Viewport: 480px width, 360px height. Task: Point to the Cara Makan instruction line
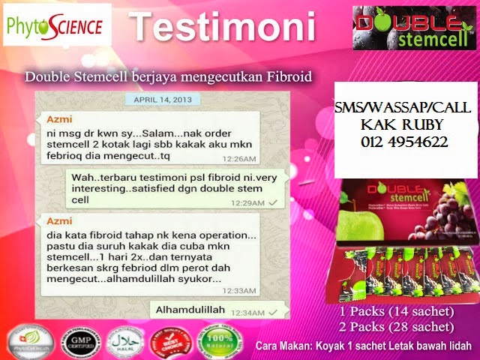(363, 346)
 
